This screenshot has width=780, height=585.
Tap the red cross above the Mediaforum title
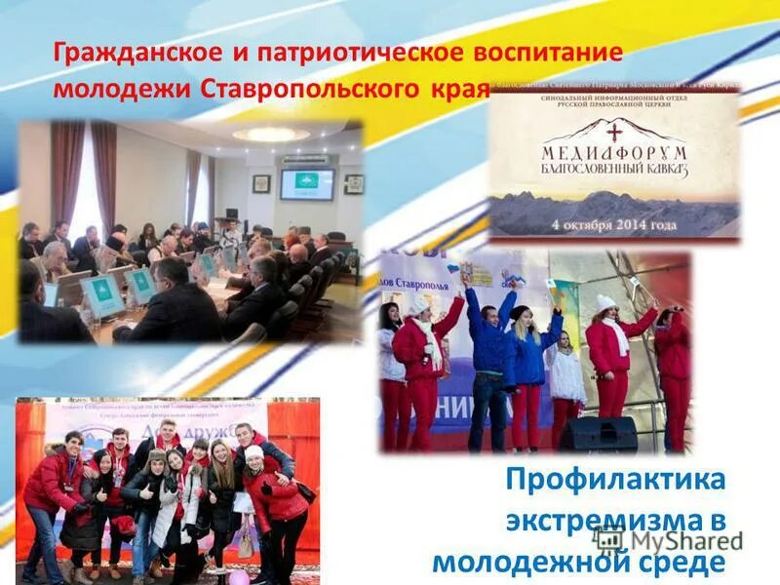615,130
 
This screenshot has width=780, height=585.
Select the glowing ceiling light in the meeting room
270,135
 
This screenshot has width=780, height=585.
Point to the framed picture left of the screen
261,182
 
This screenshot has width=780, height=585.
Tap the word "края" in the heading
456,88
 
